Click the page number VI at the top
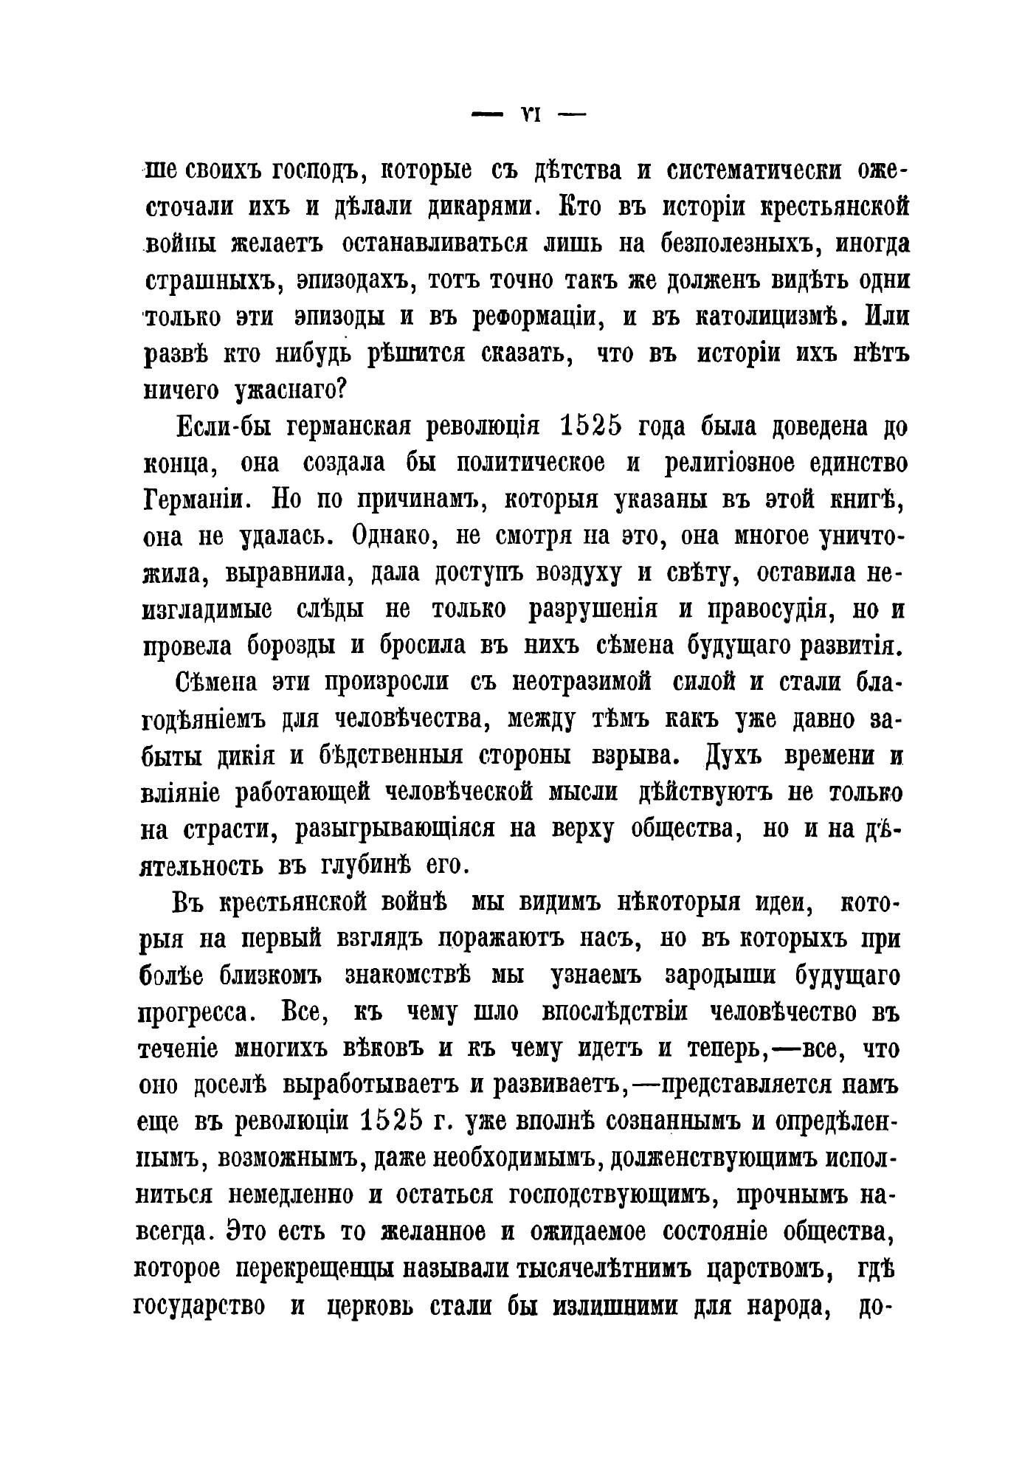[x=528, y=116]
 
